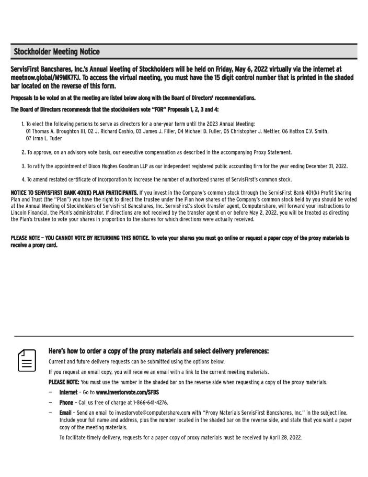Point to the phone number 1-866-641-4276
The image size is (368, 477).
pyautogui.click(x=147, y=402)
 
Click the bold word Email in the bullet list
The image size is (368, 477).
pyautogui.click(x=65, y=413)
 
